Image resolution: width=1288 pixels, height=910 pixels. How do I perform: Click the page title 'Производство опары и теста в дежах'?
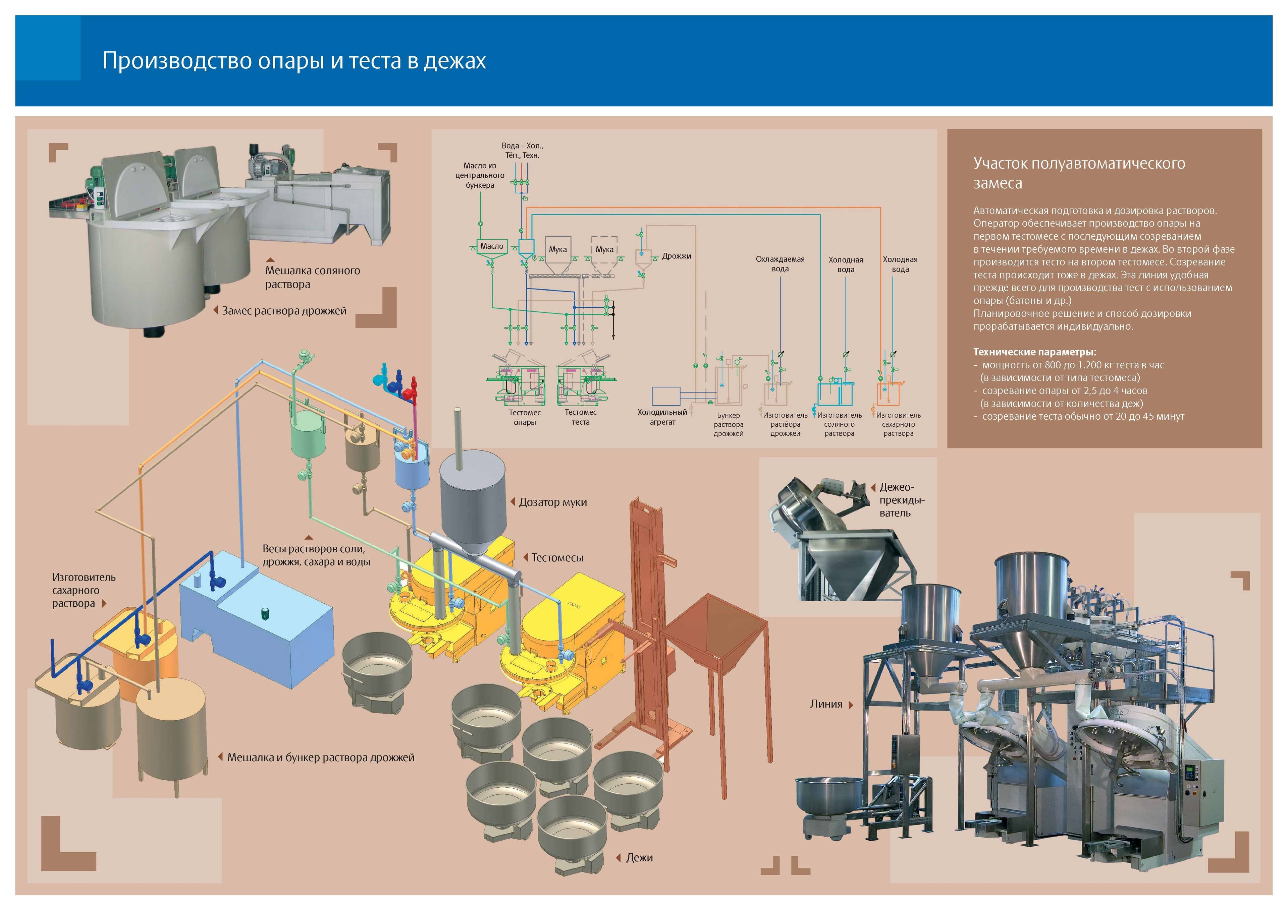[x=294, y=61]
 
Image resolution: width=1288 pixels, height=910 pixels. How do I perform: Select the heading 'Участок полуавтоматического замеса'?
[x=1079, y=173]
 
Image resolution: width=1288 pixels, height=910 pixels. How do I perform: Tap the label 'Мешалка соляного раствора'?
[x=313, y=277]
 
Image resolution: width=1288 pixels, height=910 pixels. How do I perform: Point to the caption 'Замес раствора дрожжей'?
[x=284, y=311]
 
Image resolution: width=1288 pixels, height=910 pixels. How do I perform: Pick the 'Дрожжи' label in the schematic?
[x=677, y=256]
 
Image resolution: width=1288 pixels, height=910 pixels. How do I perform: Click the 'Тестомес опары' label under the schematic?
[x=525, y=417]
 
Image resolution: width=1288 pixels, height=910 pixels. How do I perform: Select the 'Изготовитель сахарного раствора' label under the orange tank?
[x=898, y=424]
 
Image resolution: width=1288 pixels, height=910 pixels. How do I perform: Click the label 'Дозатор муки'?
[x=552, y=502]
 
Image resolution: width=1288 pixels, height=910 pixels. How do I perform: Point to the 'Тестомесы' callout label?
[x=557, y=558]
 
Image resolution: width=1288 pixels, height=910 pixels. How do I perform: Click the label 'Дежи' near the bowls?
[x=640, y=858]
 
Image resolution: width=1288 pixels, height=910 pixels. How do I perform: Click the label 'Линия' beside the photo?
[x=826, y=704]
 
